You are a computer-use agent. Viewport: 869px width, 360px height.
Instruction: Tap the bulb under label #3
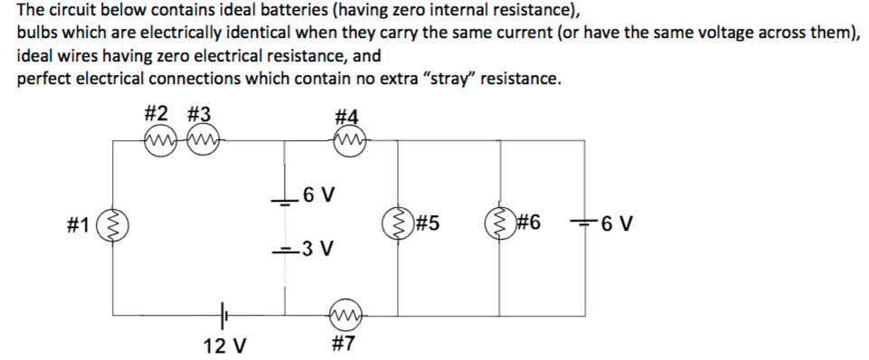201,140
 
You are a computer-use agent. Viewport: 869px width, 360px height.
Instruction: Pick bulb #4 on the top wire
347,140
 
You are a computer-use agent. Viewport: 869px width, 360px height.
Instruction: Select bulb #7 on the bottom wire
346,314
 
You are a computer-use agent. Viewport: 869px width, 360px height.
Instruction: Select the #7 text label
346,344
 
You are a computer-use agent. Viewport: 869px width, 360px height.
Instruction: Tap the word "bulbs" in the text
36,34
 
